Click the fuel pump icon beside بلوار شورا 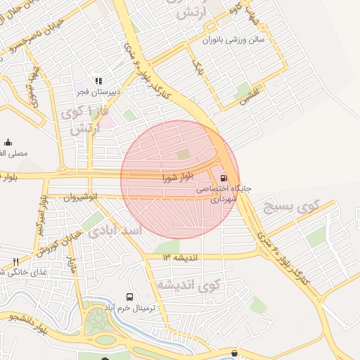click(x=224, y=178)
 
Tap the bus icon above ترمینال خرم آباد click(x=129, y=297)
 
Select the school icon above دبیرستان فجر click(x=98, y=81)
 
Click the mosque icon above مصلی click(x=8, y=142)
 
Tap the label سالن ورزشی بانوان click(x=233, y=40)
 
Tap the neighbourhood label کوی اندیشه click(x=188, y=285)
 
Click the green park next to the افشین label click(x=244, y=89)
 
